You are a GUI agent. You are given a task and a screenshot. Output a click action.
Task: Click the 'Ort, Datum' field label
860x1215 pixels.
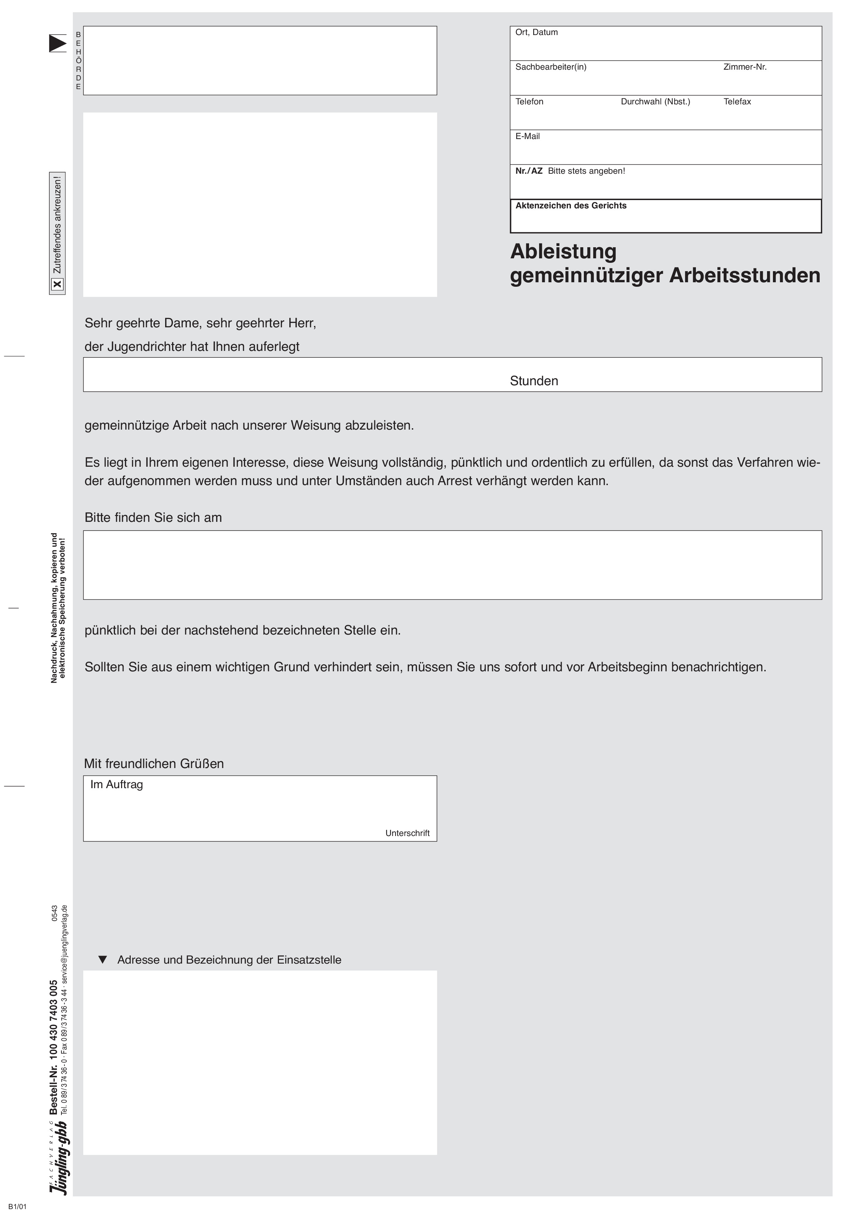coord(536,32)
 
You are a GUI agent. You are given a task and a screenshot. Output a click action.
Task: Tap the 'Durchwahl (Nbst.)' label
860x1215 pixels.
coord(655,102)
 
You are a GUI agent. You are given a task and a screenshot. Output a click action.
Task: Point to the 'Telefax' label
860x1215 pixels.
coord(736,102)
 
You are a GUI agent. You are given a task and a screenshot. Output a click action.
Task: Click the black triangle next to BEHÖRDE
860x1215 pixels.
coord(57,43)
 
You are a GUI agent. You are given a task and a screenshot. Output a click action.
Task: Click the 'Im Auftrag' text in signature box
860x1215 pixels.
coord(117,784)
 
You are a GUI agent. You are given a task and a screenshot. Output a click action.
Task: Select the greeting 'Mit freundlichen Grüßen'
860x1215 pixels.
coord(154,764)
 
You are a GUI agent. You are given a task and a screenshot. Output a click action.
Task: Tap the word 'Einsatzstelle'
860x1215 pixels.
coord(309,960)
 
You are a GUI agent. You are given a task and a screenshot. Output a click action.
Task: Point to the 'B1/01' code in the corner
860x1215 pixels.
coord(17,1206)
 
